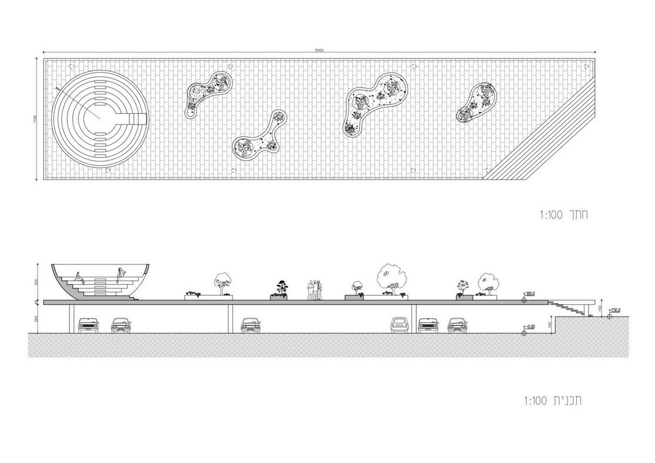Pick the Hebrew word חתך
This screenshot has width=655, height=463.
tap(577, 215)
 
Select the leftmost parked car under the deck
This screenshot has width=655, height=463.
tap(88, 324)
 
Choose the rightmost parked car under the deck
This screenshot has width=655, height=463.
tap(457, 325)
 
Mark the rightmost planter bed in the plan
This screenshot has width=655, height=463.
tap(476, 102)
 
